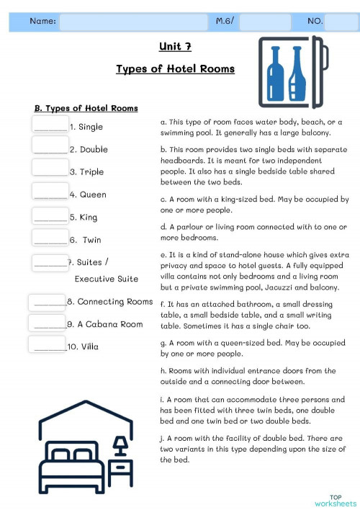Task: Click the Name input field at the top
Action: (133, 22)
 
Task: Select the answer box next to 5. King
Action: (50, 215)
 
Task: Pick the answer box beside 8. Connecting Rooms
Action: (48, 301)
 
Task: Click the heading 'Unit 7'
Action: (175, 48)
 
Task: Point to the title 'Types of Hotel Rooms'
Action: (175, 69)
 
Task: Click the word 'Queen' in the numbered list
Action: (93, 194)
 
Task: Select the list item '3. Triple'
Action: (86, 172)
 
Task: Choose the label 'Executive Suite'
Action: (107, 279)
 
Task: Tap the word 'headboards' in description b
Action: (184, 162)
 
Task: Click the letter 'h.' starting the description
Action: (163, 371)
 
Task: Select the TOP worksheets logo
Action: (335, 501)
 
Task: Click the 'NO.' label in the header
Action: (315, 22)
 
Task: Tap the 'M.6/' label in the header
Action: (225, 22)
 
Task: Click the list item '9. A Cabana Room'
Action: (105, 324)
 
